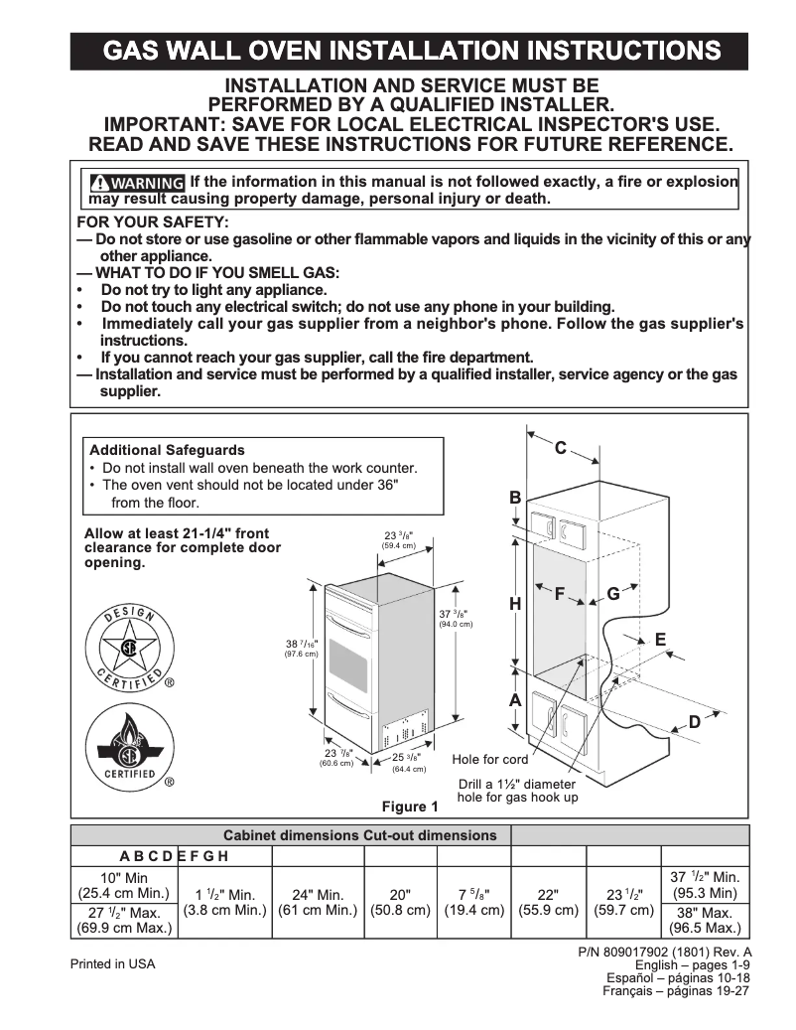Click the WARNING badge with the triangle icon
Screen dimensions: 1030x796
[137, 183]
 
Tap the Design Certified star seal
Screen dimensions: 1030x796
[128, 650]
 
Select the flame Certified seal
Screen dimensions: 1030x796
[128, 745]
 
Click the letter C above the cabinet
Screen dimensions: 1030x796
[560, 449]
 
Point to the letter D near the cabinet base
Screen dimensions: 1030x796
[695, 722]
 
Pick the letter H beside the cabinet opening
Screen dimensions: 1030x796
[515, 604]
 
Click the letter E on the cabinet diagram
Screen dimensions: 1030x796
[660, 641]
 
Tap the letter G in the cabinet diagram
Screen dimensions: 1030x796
[613, 594]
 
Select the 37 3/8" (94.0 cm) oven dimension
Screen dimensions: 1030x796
[456, 618]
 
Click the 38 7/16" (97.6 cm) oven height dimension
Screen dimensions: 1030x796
[302, 649]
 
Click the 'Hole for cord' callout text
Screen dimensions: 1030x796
[490, 760]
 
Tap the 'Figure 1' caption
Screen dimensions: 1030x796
[410, 807]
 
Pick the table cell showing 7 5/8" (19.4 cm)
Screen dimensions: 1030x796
[472, 902]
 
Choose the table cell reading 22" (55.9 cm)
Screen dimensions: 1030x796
[549, 902]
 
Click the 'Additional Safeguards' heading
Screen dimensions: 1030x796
[167, 450]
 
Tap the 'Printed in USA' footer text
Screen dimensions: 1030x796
[112, 964]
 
